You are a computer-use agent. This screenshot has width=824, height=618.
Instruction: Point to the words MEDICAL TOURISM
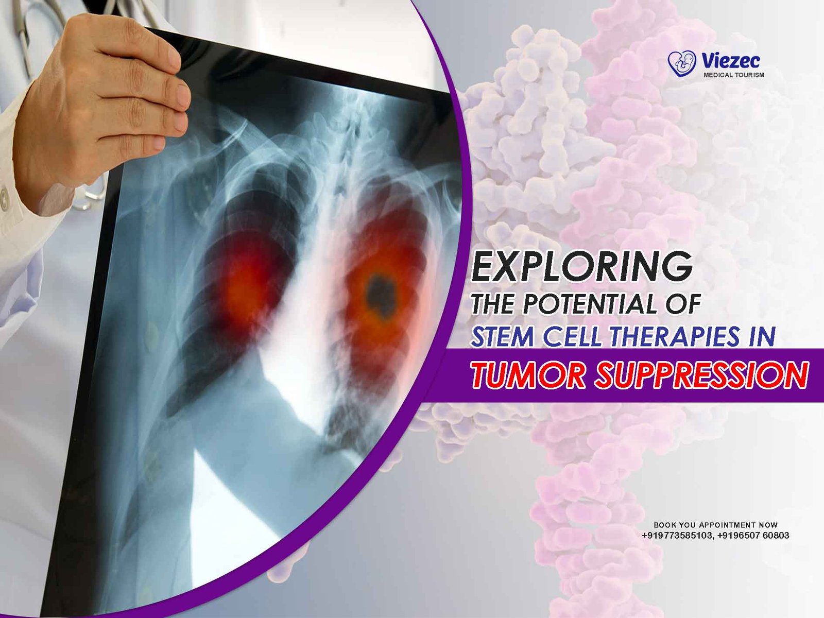point(733,75)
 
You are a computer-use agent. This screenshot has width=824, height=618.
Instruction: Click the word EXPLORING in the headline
point(582,266)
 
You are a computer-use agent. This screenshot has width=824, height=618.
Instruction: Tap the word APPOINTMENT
point(727,525)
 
